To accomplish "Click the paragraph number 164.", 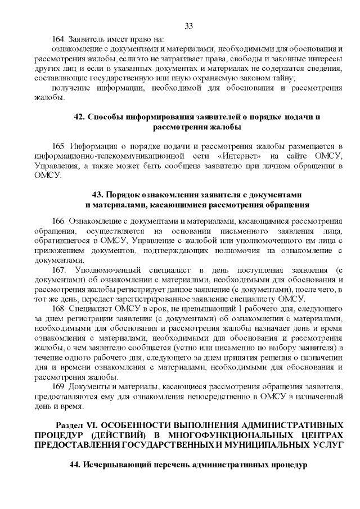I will pyautogui.click(x=59, y=39).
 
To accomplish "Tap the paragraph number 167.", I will pyautogui.click(x=59, y=270).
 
